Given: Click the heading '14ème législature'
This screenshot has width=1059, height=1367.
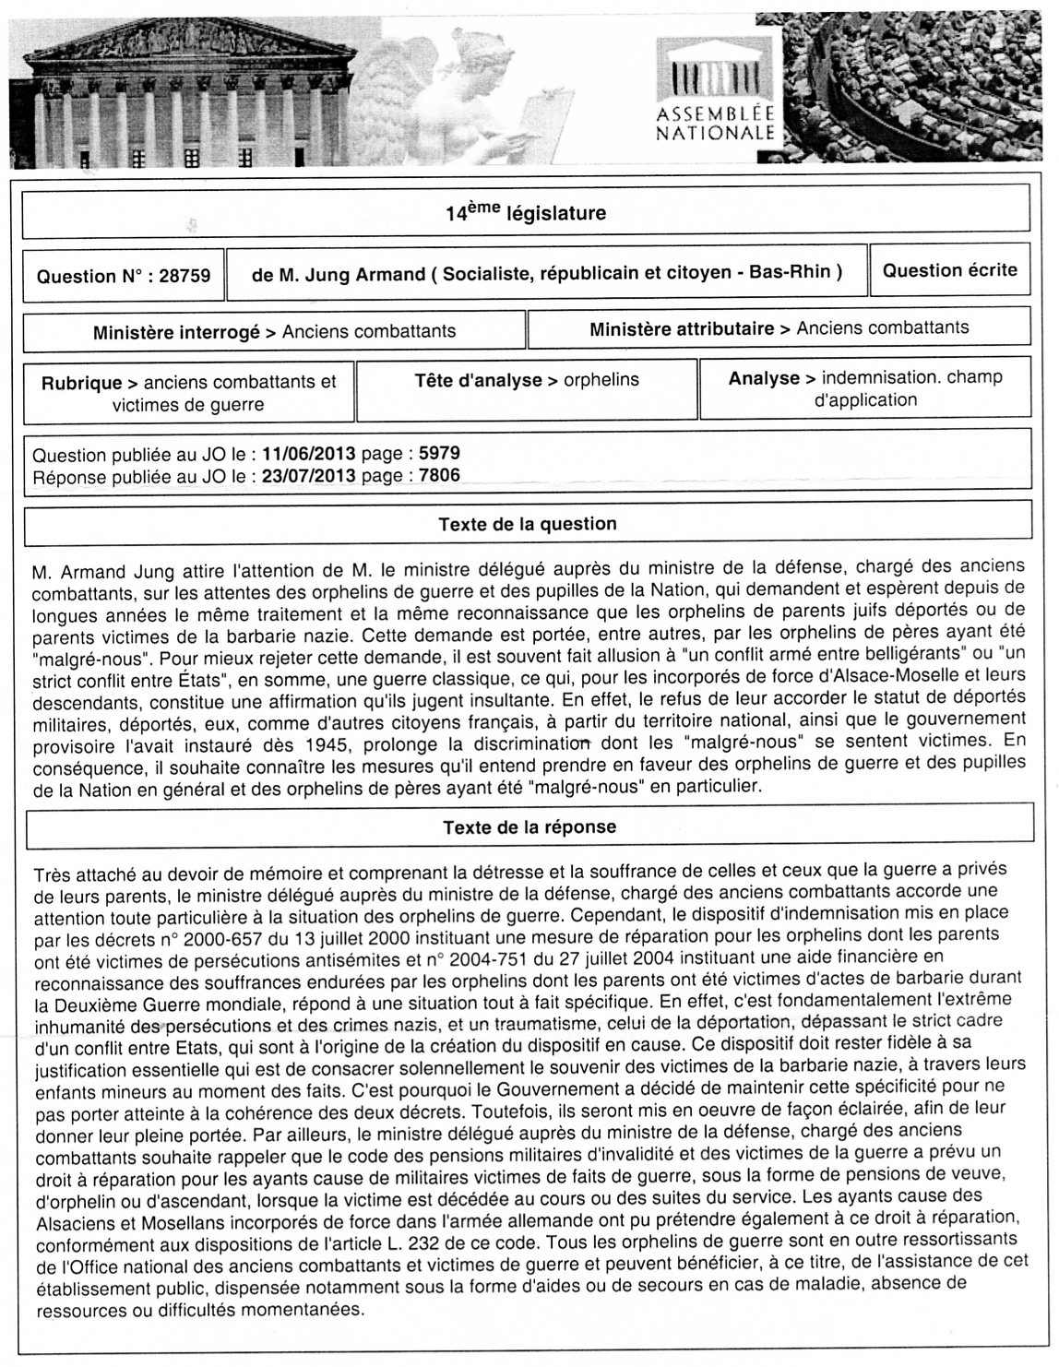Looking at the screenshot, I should coord(526,214).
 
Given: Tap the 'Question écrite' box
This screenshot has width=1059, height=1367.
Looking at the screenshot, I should coord(949,270).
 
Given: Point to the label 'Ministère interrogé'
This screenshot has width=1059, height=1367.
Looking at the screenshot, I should coord(176,333).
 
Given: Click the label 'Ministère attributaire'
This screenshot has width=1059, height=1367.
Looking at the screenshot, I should coord(681,328).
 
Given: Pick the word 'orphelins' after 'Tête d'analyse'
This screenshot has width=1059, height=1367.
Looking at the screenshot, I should coord(601,380).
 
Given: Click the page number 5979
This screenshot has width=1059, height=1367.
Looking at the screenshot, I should coord(439,455).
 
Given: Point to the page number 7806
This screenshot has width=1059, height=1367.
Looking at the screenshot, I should coord(439,476).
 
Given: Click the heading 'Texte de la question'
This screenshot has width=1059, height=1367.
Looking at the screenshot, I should coord(528,524).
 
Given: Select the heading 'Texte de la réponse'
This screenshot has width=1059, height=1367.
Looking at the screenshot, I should coord(529,827).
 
